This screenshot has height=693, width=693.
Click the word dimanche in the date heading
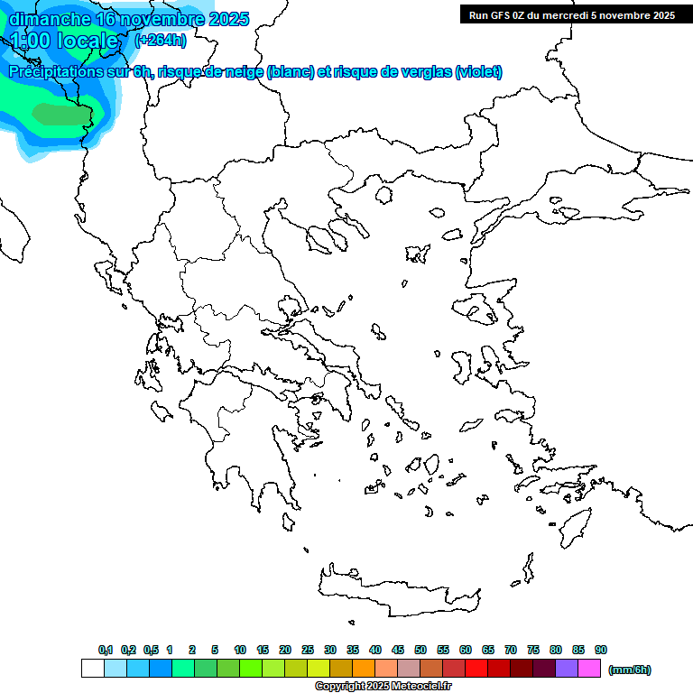49,19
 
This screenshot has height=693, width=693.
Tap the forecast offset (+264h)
161,40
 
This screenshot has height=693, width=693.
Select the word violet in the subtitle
477,72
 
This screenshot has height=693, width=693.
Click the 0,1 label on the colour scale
106,650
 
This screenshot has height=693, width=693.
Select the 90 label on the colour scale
601,650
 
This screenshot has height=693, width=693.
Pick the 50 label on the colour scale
420,650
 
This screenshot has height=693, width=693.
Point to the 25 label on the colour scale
308,650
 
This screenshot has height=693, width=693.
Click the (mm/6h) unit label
630,670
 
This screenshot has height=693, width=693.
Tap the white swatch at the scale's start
92,669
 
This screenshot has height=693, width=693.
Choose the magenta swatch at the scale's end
589,669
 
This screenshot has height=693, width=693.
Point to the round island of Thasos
383,194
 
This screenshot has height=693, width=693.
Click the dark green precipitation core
61,114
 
